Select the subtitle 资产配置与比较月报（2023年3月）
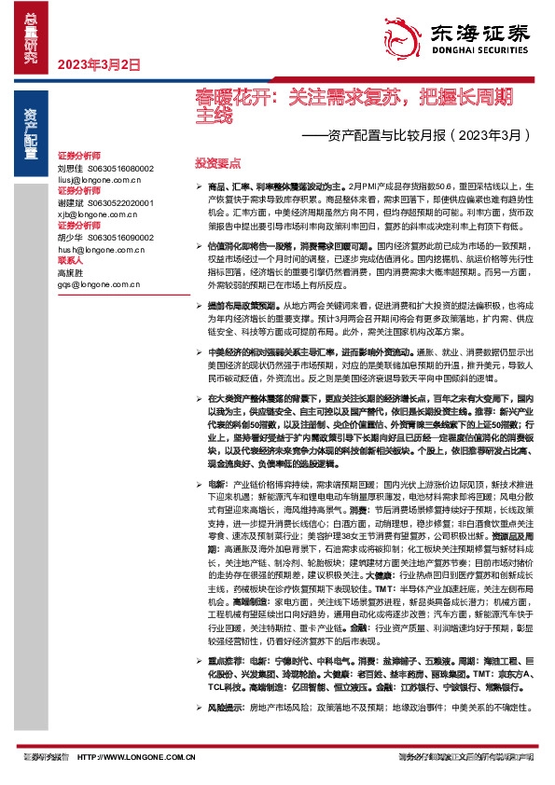[x=418, y=134]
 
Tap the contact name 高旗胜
[x=71, y=272]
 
